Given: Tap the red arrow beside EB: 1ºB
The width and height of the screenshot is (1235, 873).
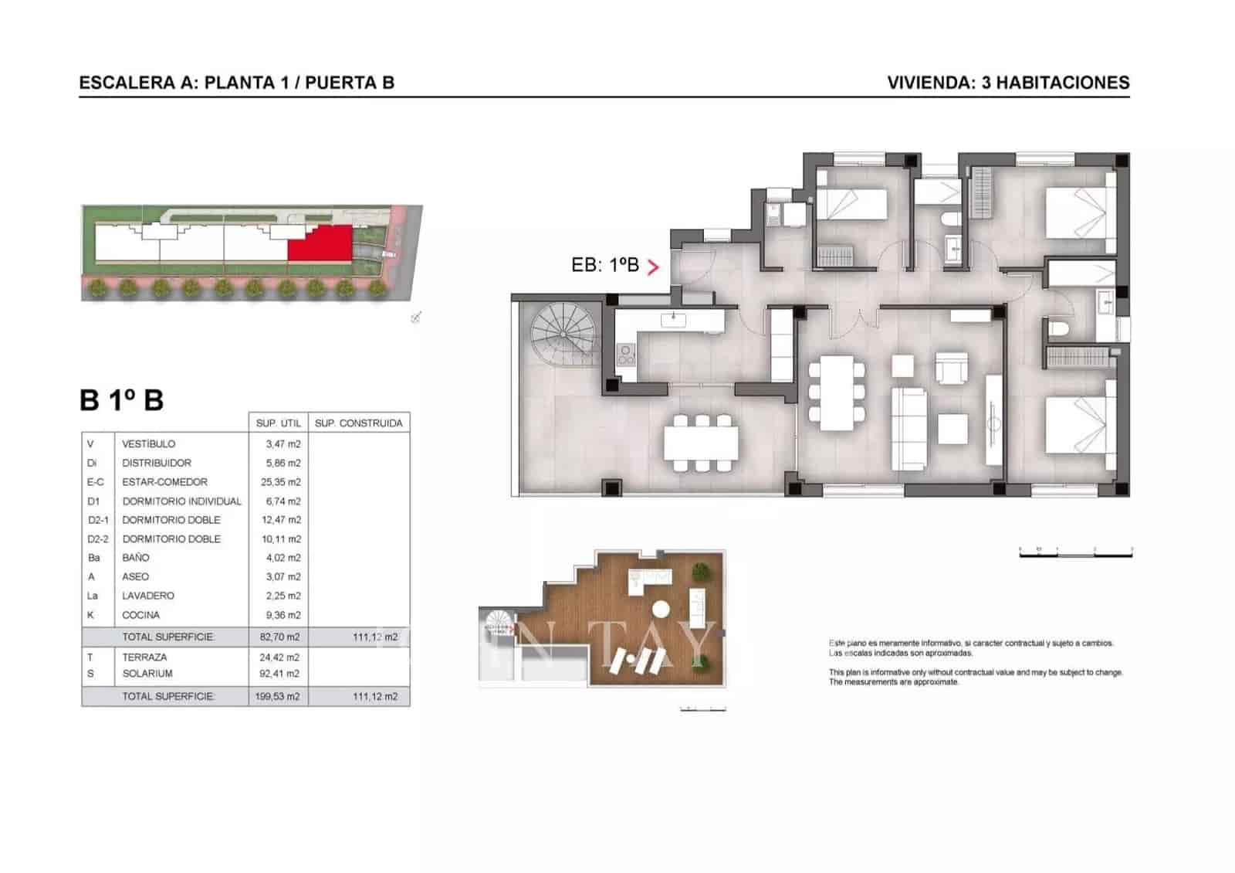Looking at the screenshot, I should point(654,267).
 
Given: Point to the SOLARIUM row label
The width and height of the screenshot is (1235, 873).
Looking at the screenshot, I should point(147,674).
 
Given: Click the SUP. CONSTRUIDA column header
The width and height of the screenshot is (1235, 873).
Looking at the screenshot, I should point(358,423).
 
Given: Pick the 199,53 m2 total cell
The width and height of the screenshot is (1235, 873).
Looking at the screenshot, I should point(278,697).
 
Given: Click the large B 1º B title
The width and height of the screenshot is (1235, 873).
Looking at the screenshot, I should point(122,400).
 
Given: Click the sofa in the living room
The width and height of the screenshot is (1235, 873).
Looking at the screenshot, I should point(908,429).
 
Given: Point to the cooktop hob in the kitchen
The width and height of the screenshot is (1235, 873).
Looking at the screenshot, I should point(626,355).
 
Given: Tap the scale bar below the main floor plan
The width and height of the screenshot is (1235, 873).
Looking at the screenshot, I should point(1075,552).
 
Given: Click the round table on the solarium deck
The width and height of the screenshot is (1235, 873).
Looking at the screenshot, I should point(661,607).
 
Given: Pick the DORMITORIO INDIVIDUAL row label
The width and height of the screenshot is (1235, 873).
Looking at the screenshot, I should point(181,501).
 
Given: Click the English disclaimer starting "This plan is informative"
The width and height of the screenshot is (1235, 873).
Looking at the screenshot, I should point(975,678).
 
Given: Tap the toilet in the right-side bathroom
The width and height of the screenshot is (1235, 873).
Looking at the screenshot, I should point(1057,329).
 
